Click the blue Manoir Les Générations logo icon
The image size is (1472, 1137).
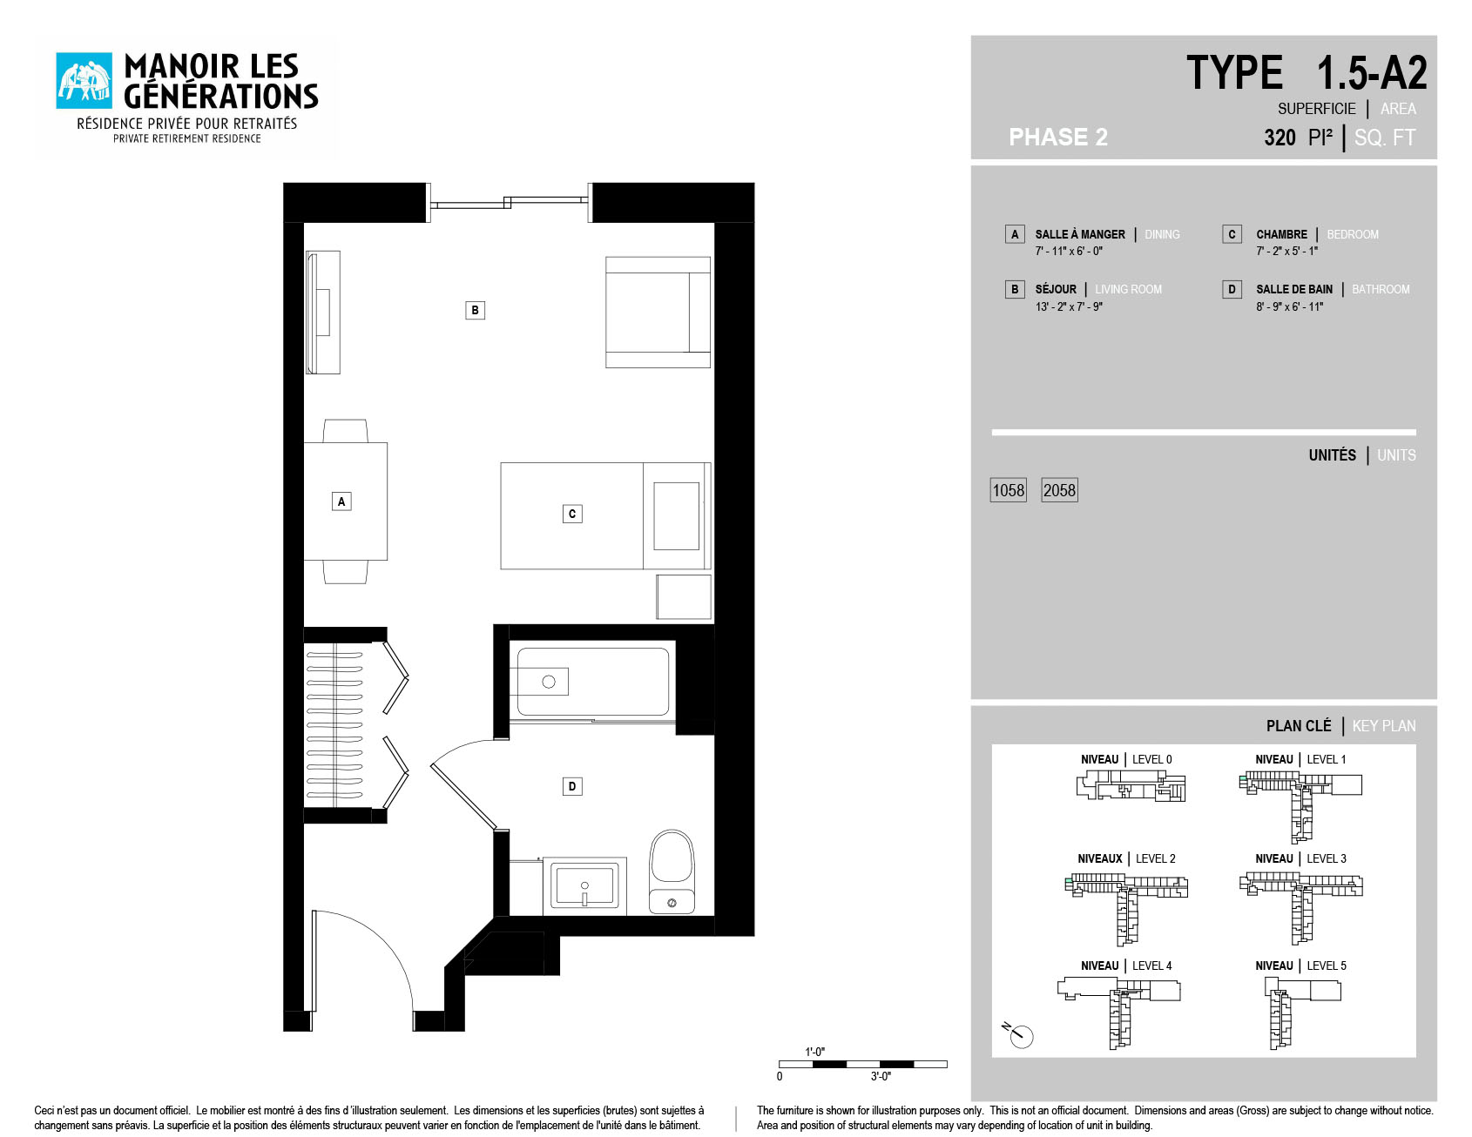84,81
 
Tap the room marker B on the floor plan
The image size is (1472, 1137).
475,310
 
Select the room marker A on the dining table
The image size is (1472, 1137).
341,501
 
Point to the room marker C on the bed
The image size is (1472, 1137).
572,514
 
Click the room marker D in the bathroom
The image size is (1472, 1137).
572,786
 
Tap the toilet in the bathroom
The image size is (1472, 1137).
672,871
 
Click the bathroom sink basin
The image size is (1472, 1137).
584,885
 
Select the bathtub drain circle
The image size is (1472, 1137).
549,682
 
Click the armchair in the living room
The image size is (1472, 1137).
658,312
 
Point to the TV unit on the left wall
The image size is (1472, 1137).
323,313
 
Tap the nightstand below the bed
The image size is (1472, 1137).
684,596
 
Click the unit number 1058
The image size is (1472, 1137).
1009,490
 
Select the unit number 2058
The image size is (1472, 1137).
1060,490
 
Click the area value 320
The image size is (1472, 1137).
1280,138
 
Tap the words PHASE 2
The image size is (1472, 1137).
1058,137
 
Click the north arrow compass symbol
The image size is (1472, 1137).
1018,1034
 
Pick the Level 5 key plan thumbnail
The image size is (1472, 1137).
1302,1013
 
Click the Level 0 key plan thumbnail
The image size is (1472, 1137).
1131,785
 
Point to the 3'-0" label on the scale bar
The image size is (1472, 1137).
881,1077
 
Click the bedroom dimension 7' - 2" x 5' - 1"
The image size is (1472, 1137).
1287,251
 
